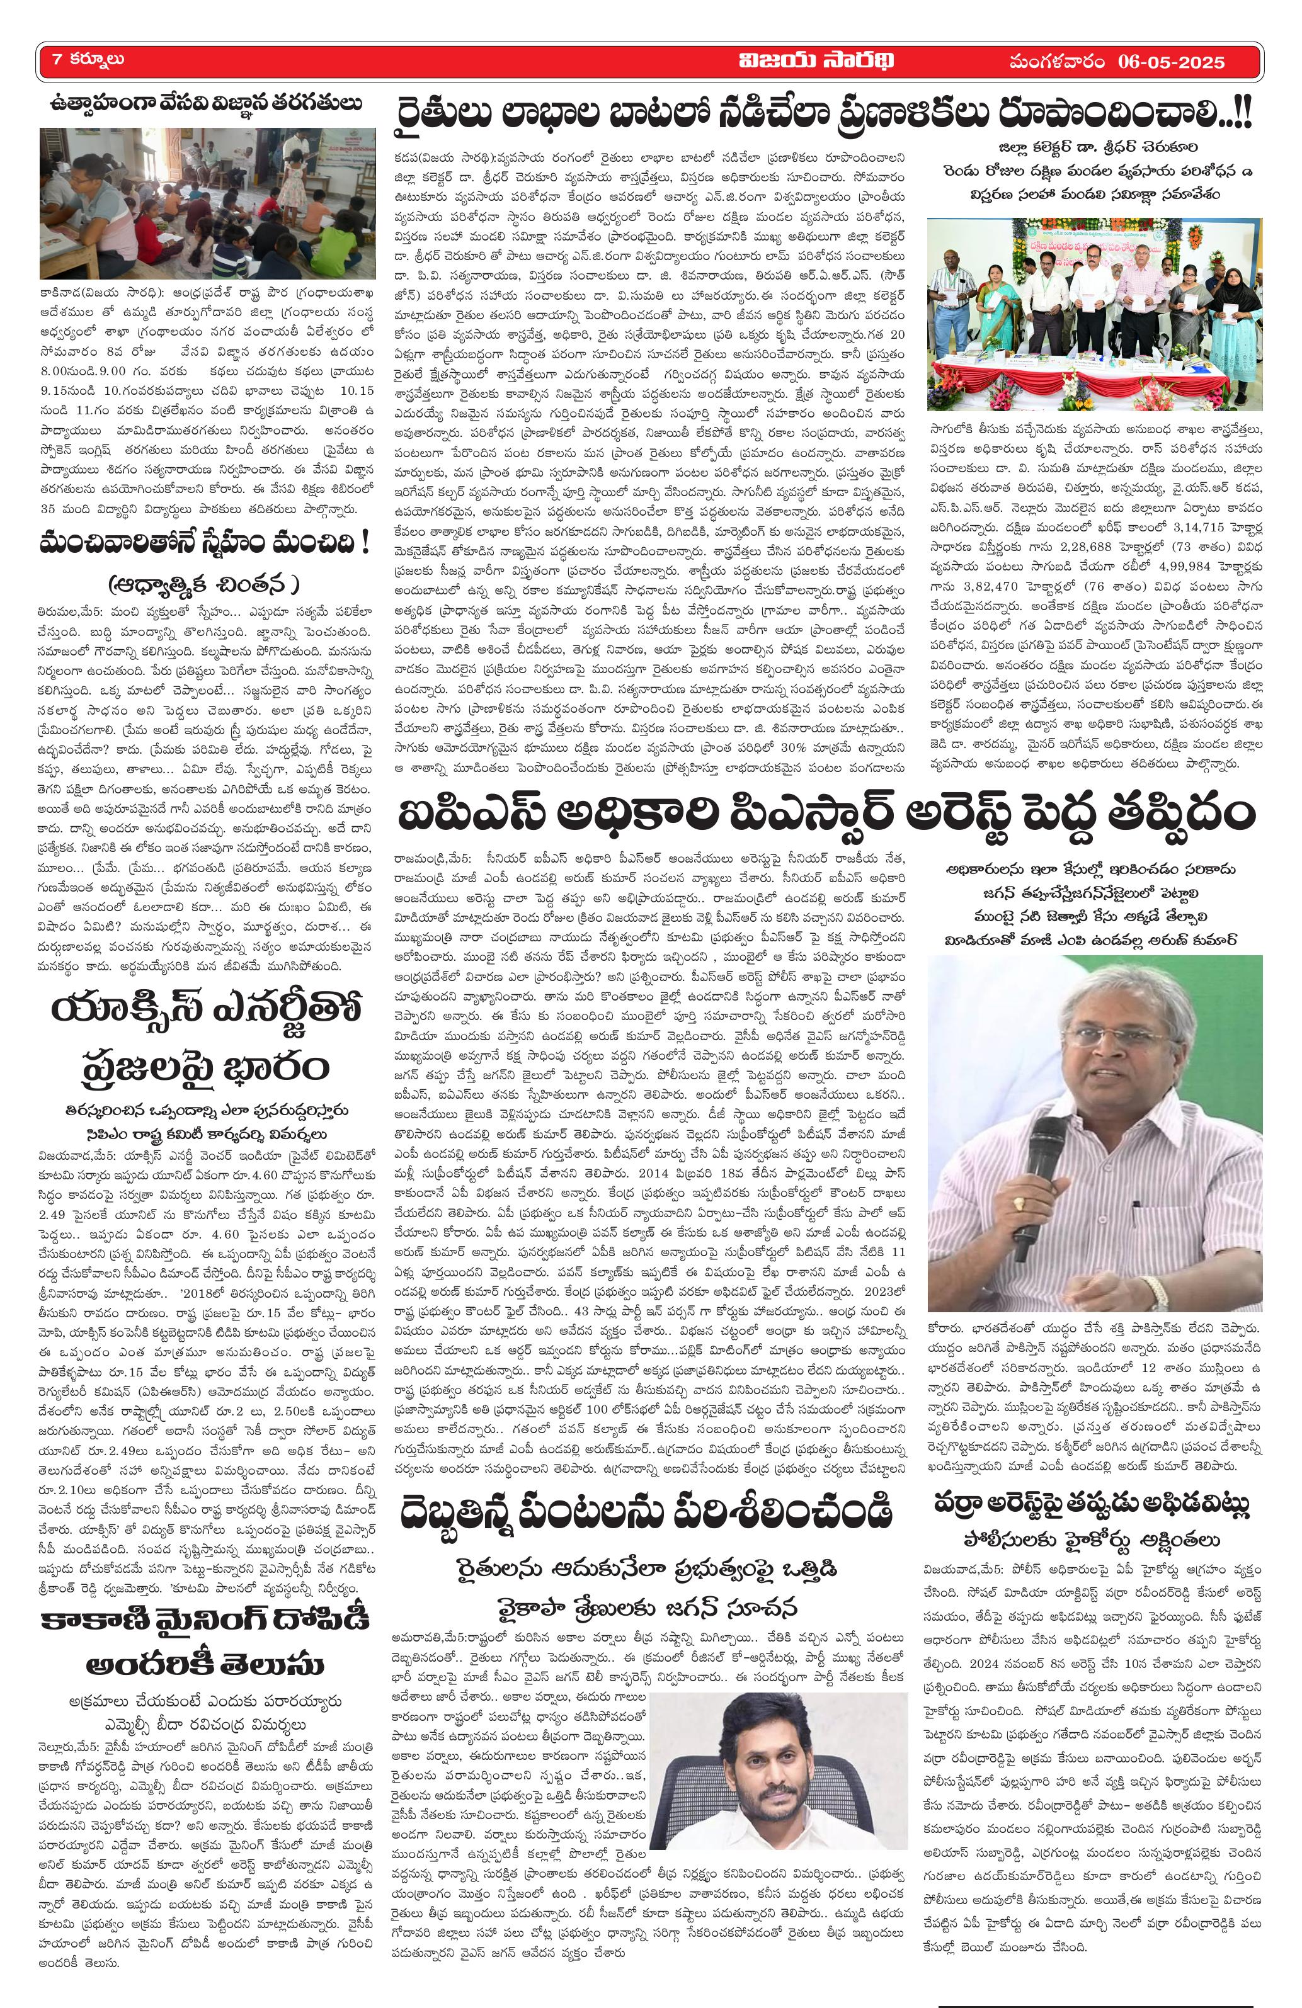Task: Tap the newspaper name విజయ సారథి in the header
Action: [815, 60]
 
